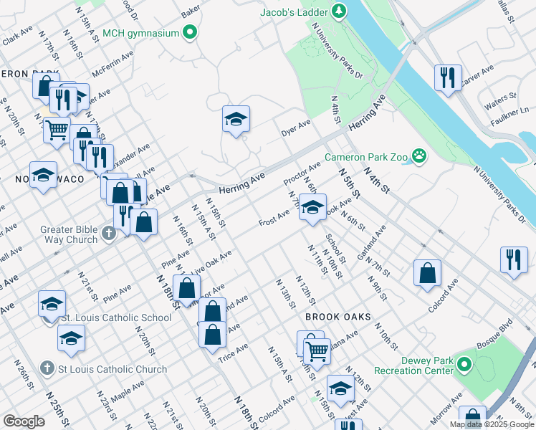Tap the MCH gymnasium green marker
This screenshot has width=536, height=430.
pos(190,32)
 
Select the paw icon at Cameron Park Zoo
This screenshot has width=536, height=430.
pos(418,156)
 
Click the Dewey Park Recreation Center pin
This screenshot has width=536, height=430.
pos(464,366)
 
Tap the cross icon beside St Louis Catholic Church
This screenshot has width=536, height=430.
pos(47,369)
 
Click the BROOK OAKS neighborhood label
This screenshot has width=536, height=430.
pos(338,316)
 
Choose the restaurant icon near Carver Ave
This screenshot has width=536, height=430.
pos(448,78)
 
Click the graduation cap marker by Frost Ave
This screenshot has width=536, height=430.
pos(312,208)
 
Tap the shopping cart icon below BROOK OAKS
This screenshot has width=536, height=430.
pos(316,351)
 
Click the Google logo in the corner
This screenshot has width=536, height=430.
pos(24,421)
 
